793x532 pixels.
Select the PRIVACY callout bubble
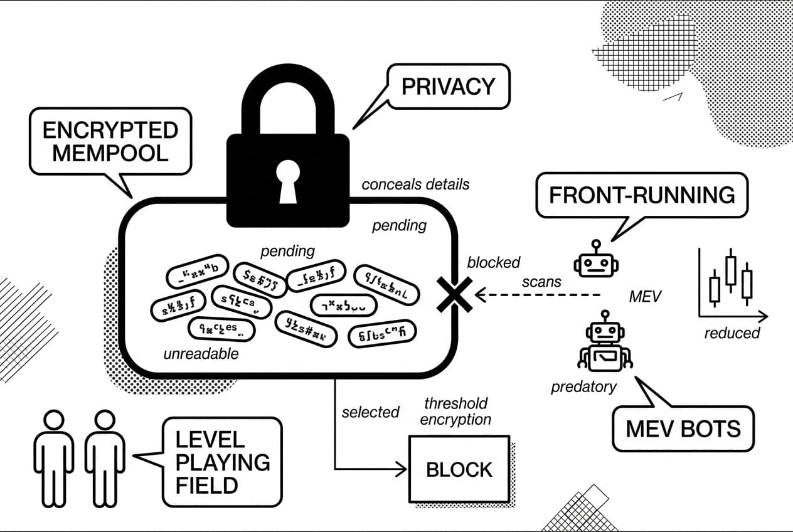pos(448,86)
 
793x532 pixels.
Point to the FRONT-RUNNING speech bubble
pos(642,195)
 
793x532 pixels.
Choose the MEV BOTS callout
pos(683,428)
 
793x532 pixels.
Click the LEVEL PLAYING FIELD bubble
pos(222,462)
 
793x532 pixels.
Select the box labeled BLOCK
pos(459,469)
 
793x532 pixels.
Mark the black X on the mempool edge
pos(455,294)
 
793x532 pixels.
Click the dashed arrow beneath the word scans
pos(540,294)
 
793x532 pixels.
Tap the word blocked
pos(494,263)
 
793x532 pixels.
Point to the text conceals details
pos(415,184)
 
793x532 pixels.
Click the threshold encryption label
pos(456,411)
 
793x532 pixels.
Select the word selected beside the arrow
pos(370,412)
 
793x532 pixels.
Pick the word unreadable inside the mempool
pos(201,354)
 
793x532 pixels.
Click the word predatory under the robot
pos(583,387)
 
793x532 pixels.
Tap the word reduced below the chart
pos(732,332)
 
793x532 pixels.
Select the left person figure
pos(53,458)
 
